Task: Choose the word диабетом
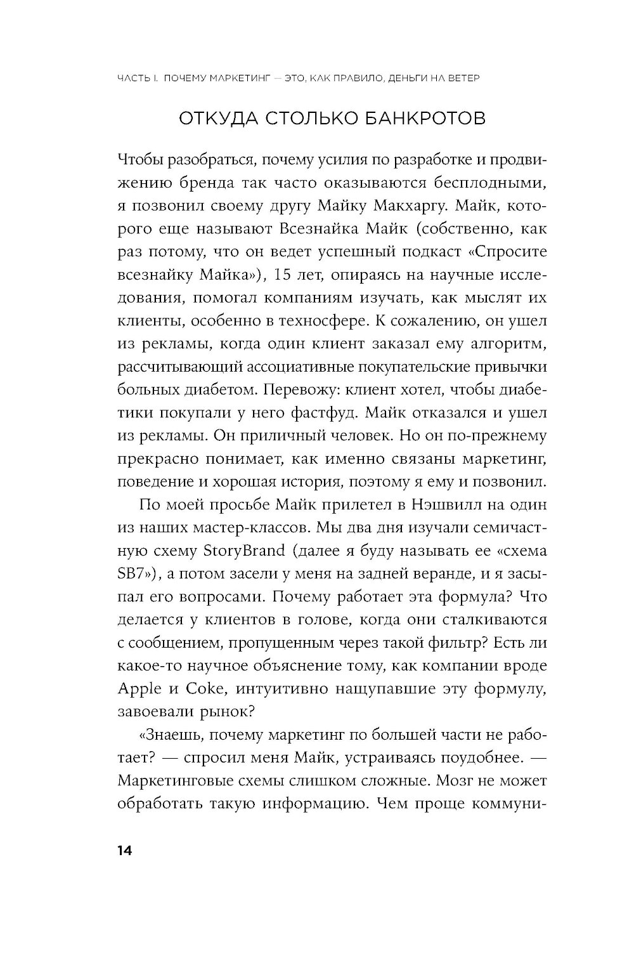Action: pyautogui.click(x=200, y=390)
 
